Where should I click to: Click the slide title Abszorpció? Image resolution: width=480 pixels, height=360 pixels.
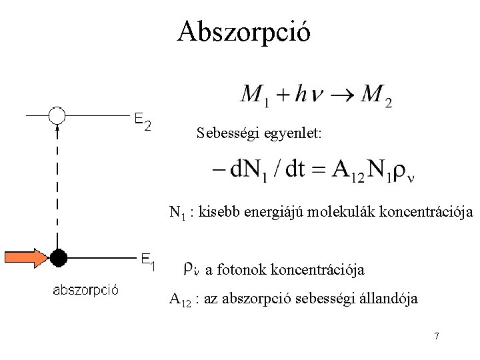(x=243, y=31)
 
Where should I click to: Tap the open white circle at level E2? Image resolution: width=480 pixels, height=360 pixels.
(x=57, y=116)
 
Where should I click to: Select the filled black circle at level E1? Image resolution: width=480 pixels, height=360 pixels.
(x=59, y=257)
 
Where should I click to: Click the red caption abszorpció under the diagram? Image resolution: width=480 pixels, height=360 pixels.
(x=85, y=289)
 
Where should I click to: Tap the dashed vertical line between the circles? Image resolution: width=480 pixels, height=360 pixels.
(x=57, y=187)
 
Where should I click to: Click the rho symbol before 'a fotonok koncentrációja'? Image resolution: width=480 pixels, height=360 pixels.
(x=189, y=268)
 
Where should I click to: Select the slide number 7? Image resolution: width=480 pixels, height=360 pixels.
(x=436, y=336)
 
